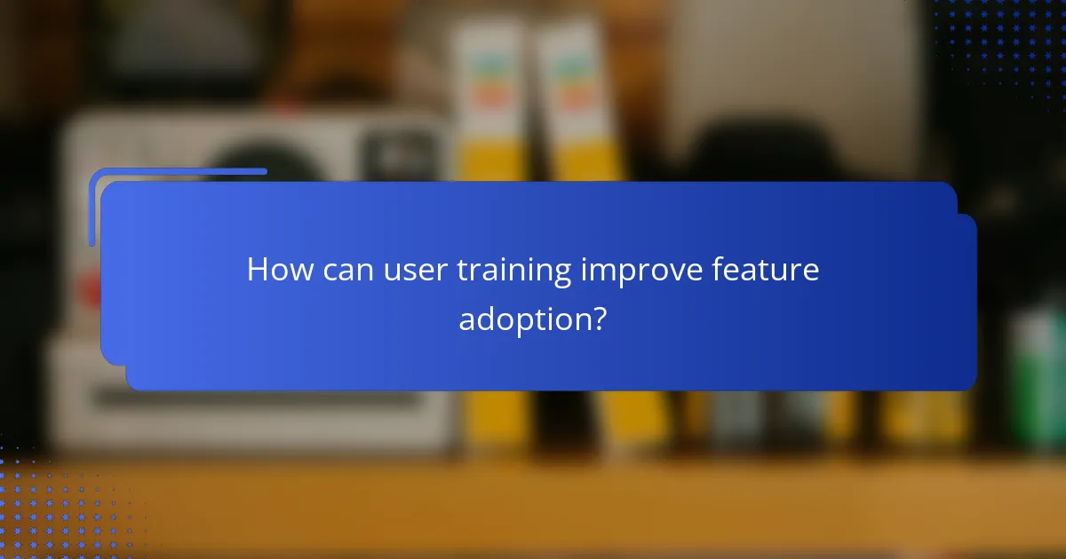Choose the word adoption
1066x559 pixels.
pos(523,319)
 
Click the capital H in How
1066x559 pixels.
pos(256,269)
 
